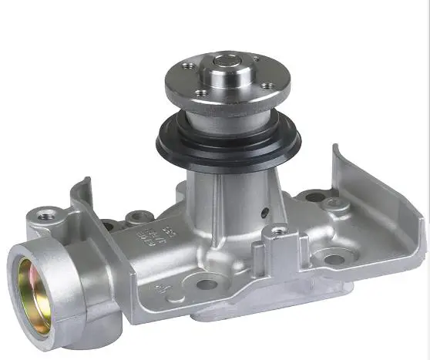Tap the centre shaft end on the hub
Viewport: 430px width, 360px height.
pyautogui.click(x=225, y=59)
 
